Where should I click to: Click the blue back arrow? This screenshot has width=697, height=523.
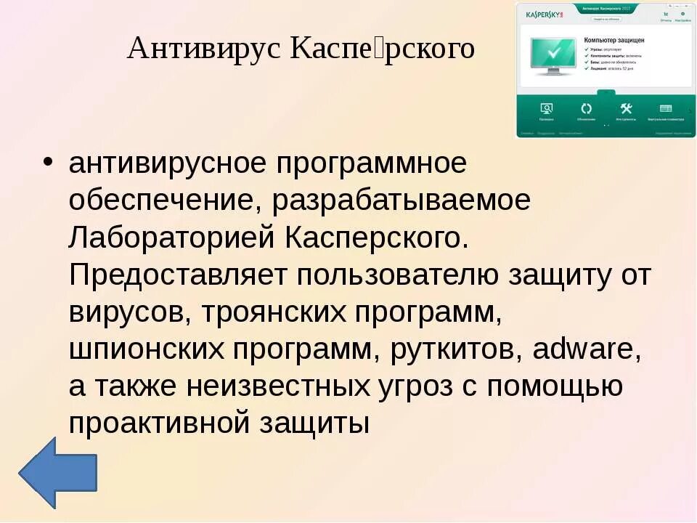(x=57, y=471)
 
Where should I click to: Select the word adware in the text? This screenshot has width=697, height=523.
(x=585, y=349)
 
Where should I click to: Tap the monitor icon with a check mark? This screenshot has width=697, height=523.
(x=553, y=53)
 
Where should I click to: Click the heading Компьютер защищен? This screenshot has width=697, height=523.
(x=614, y=41)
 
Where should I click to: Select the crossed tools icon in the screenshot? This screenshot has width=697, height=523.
(x=626, y=109)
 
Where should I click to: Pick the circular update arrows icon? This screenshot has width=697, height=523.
(x=587, y=109)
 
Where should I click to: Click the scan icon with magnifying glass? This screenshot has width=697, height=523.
(x=547, y=109)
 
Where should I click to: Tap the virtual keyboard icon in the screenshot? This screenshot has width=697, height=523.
(x=666, y=109)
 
